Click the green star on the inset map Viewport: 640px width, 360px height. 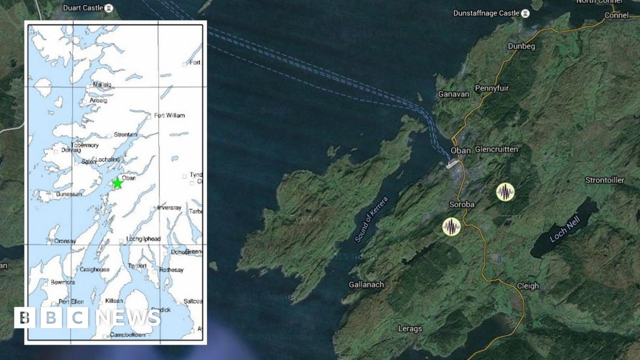tap(117, 183)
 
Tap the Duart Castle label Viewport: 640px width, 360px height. tap(83, 8)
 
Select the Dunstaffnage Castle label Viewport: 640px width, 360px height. tap(485, 13)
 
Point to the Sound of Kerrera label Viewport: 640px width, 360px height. tap(371, 220)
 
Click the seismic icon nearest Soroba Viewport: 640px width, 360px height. tap(452, 227)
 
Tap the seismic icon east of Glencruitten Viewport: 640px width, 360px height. tap(505, 192)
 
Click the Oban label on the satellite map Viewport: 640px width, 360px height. tap(461, 150)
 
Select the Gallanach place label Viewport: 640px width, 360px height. tap(366, 285)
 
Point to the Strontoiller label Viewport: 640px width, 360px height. tap(604, 180)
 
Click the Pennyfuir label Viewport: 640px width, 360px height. tap(491, 89)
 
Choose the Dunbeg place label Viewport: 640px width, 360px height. tap(521, 46)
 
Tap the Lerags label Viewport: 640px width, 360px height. tap(410, 329)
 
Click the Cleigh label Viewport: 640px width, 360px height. tap(527, 286)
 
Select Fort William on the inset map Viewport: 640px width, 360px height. tap(169, 115)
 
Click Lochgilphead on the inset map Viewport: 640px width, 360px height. tap(143, 239)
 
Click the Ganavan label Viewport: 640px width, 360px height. tap(453, 94)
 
